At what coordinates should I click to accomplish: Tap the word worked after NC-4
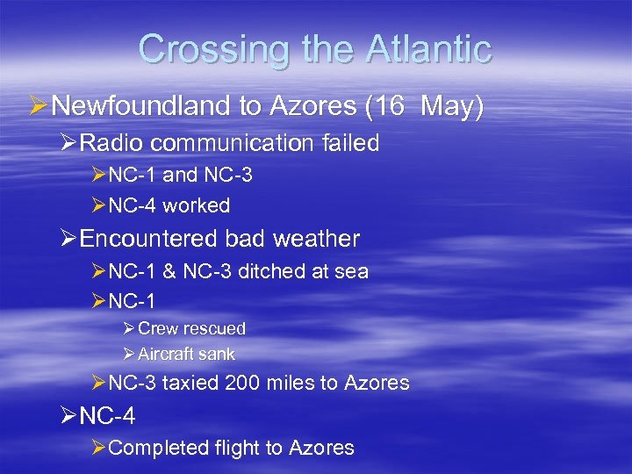(196, 206)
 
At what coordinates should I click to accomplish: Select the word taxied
(190, 383)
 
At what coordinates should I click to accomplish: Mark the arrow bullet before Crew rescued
(128, 328)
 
